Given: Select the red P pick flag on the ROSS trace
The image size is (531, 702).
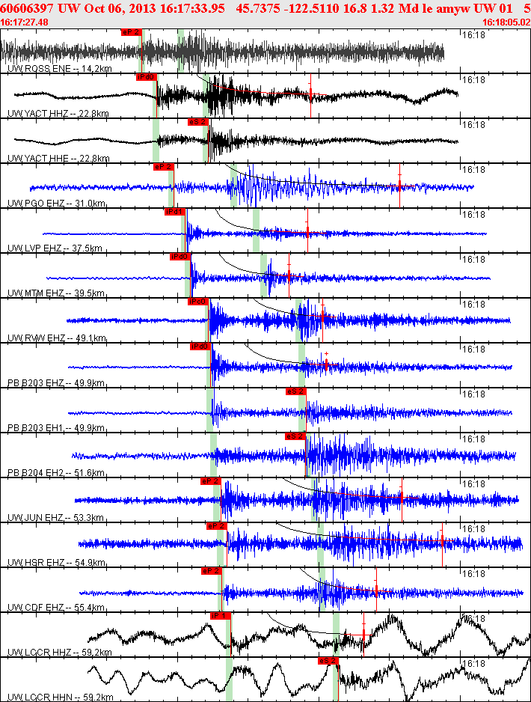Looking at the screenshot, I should tap(130, 32).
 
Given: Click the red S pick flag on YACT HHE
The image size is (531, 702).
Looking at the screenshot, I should tap(197, 121).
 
